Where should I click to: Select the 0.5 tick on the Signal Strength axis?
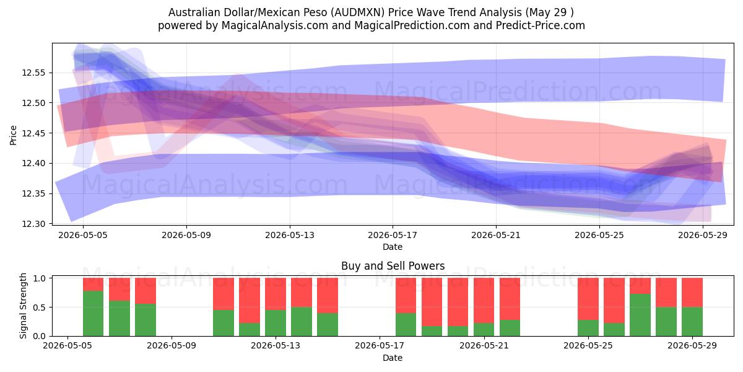click(x=39, y=308)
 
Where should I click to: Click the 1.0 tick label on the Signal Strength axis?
click(x=39, y=278)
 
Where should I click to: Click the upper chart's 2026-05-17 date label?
click(x=393, y=235)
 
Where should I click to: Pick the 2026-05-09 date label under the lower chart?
click(x=172, y=346)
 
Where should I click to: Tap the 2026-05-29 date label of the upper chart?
click(x=703, y=235)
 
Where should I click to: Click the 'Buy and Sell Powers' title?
click(x=393, y=266)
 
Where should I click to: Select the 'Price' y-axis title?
click(x=13, y=135)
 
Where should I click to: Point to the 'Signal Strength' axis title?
click(x=23, y=306)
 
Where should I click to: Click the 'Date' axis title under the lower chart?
click(x=393, y=358)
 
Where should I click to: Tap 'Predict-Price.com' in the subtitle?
click(x=541, y=25)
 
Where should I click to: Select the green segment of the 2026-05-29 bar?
click(x=692, y=322)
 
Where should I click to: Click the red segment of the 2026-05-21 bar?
click(x=484, y=300)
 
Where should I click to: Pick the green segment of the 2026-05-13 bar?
click(x=276, y=323)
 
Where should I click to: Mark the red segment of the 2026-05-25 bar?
click(x=588, y=299)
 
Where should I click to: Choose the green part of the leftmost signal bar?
click(x=93, y=313)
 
